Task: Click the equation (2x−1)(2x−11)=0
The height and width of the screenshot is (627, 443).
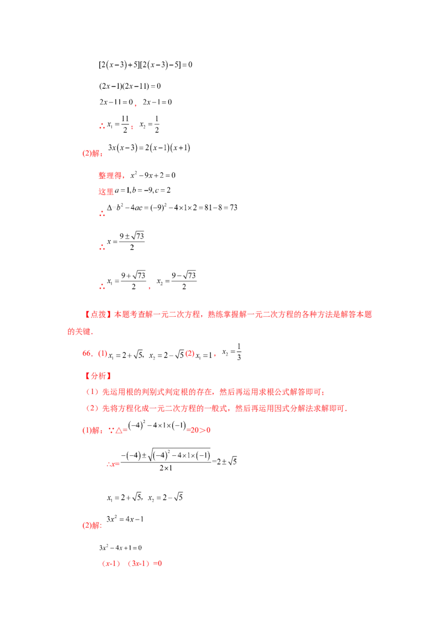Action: pyautogui.click(x=130, y=86)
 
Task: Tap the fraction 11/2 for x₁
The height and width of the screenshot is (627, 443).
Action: pyautogui.click(x=125, y=124)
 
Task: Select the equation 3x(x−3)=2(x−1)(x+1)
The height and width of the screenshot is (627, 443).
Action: pyautogui.click(x=149, y=147)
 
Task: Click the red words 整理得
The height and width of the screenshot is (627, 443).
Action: pyautogui.click(x=110, y=176)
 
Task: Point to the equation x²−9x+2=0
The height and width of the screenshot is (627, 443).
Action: pyautogui.click(x=153, y=175)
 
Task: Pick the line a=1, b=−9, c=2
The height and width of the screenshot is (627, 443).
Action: pyautogui.click(x=143, y=191)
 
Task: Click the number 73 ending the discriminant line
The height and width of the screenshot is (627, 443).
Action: pyautogui.click(x=234, y=208)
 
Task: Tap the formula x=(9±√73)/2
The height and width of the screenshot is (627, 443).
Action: pyautogui.click(x=126, y=241)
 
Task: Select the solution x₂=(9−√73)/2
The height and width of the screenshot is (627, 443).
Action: pyautogui.click(x=176, y=280)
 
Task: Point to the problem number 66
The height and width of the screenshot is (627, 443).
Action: pyautogui.click(x=87, y=353)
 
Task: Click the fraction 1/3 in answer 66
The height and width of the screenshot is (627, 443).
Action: pyautogui.click(x=239, y=352)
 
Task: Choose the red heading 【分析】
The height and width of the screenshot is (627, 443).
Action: pyautogui.click(x=99, y=376)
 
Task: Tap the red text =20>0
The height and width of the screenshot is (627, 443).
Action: pyautogui.click(x=199, y=430)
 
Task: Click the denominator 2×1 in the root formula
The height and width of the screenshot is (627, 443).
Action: pyautogui.click(x=166, y=468)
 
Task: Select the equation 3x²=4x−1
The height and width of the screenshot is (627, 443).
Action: pyautogui.click(x=125, y=519)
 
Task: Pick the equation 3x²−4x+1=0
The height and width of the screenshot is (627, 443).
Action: pyautogui.click(x=120, y=548)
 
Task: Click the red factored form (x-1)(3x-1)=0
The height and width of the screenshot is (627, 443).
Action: pyautogui.click(x=132, y=563)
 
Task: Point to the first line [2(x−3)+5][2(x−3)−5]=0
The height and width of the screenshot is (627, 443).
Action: pyautogui.click(x=146, y=65)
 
